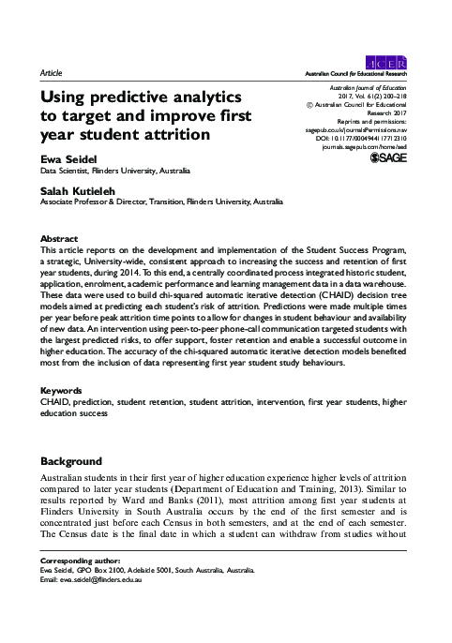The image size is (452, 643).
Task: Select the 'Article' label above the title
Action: point(52,71)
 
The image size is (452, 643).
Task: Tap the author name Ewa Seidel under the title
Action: point(69,160)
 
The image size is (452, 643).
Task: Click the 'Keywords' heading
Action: point(62,414)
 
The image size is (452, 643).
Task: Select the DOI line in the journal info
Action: point(376,137)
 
